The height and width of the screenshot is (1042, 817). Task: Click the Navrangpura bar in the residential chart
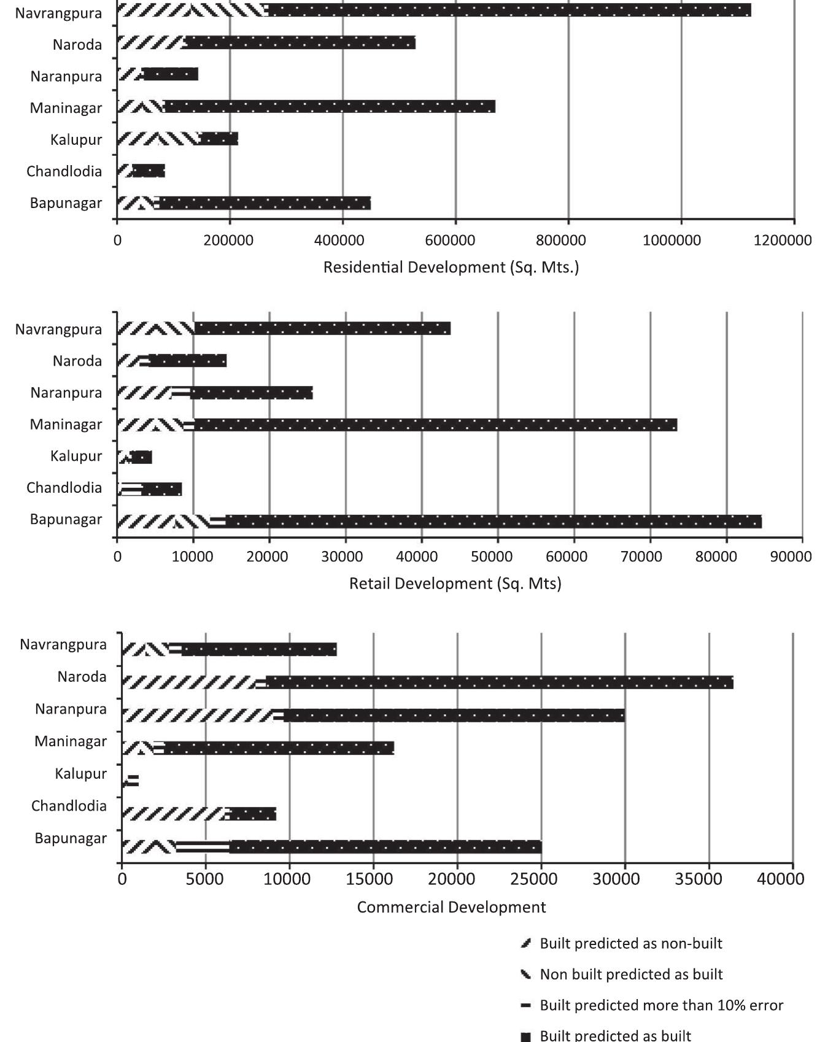[x=433, y=10]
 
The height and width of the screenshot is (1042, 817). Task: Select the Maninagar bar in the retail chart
[x=397, y=425]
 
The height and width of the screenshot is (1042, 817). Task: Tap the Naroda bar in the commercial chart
[x=427, y=682]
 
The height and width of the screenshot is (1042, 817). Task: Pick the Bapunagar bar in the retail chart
[x=439, y=522]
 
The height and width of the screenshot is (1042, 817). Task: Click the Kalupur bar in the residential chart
[x=177, y=139]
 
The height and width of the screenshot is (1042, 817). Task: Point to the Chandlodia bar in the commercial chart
[x=199, y=814]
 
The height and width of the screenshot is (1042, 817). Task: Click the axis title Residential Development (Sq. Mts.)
[x=451, y=268]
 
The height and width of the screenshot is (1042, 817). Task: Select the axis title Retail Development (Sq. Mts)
[x=455, y=583]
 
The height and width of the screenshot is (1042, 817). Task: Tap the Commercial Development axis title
[x=451, y=907]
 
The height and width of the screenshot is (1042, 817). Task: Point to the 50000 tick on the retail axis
[x=497, y=557]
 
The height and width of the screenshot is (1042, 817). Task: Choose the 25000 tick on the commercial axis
[x=541, y=879]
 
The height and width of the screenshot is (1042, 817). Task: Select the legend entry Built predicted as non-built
[x=630, y=943]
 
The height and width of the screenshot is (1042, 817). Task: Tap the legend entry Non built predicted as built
[x=631, y=974]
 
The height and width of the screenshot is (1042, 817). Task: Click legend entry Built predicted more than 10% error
[x=661, y=1005]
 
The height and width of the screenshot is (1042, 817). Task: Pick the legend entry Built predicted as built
[x=615, y=1035]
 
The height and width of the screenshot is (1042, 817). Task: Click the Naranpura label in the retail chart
[x=66, y=393]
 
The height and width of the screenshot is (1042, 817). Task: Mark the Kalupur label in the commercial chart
[x=80, y=774]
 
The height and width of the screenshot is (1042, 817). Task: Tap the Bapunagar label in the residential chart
[x=66, y=203]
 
